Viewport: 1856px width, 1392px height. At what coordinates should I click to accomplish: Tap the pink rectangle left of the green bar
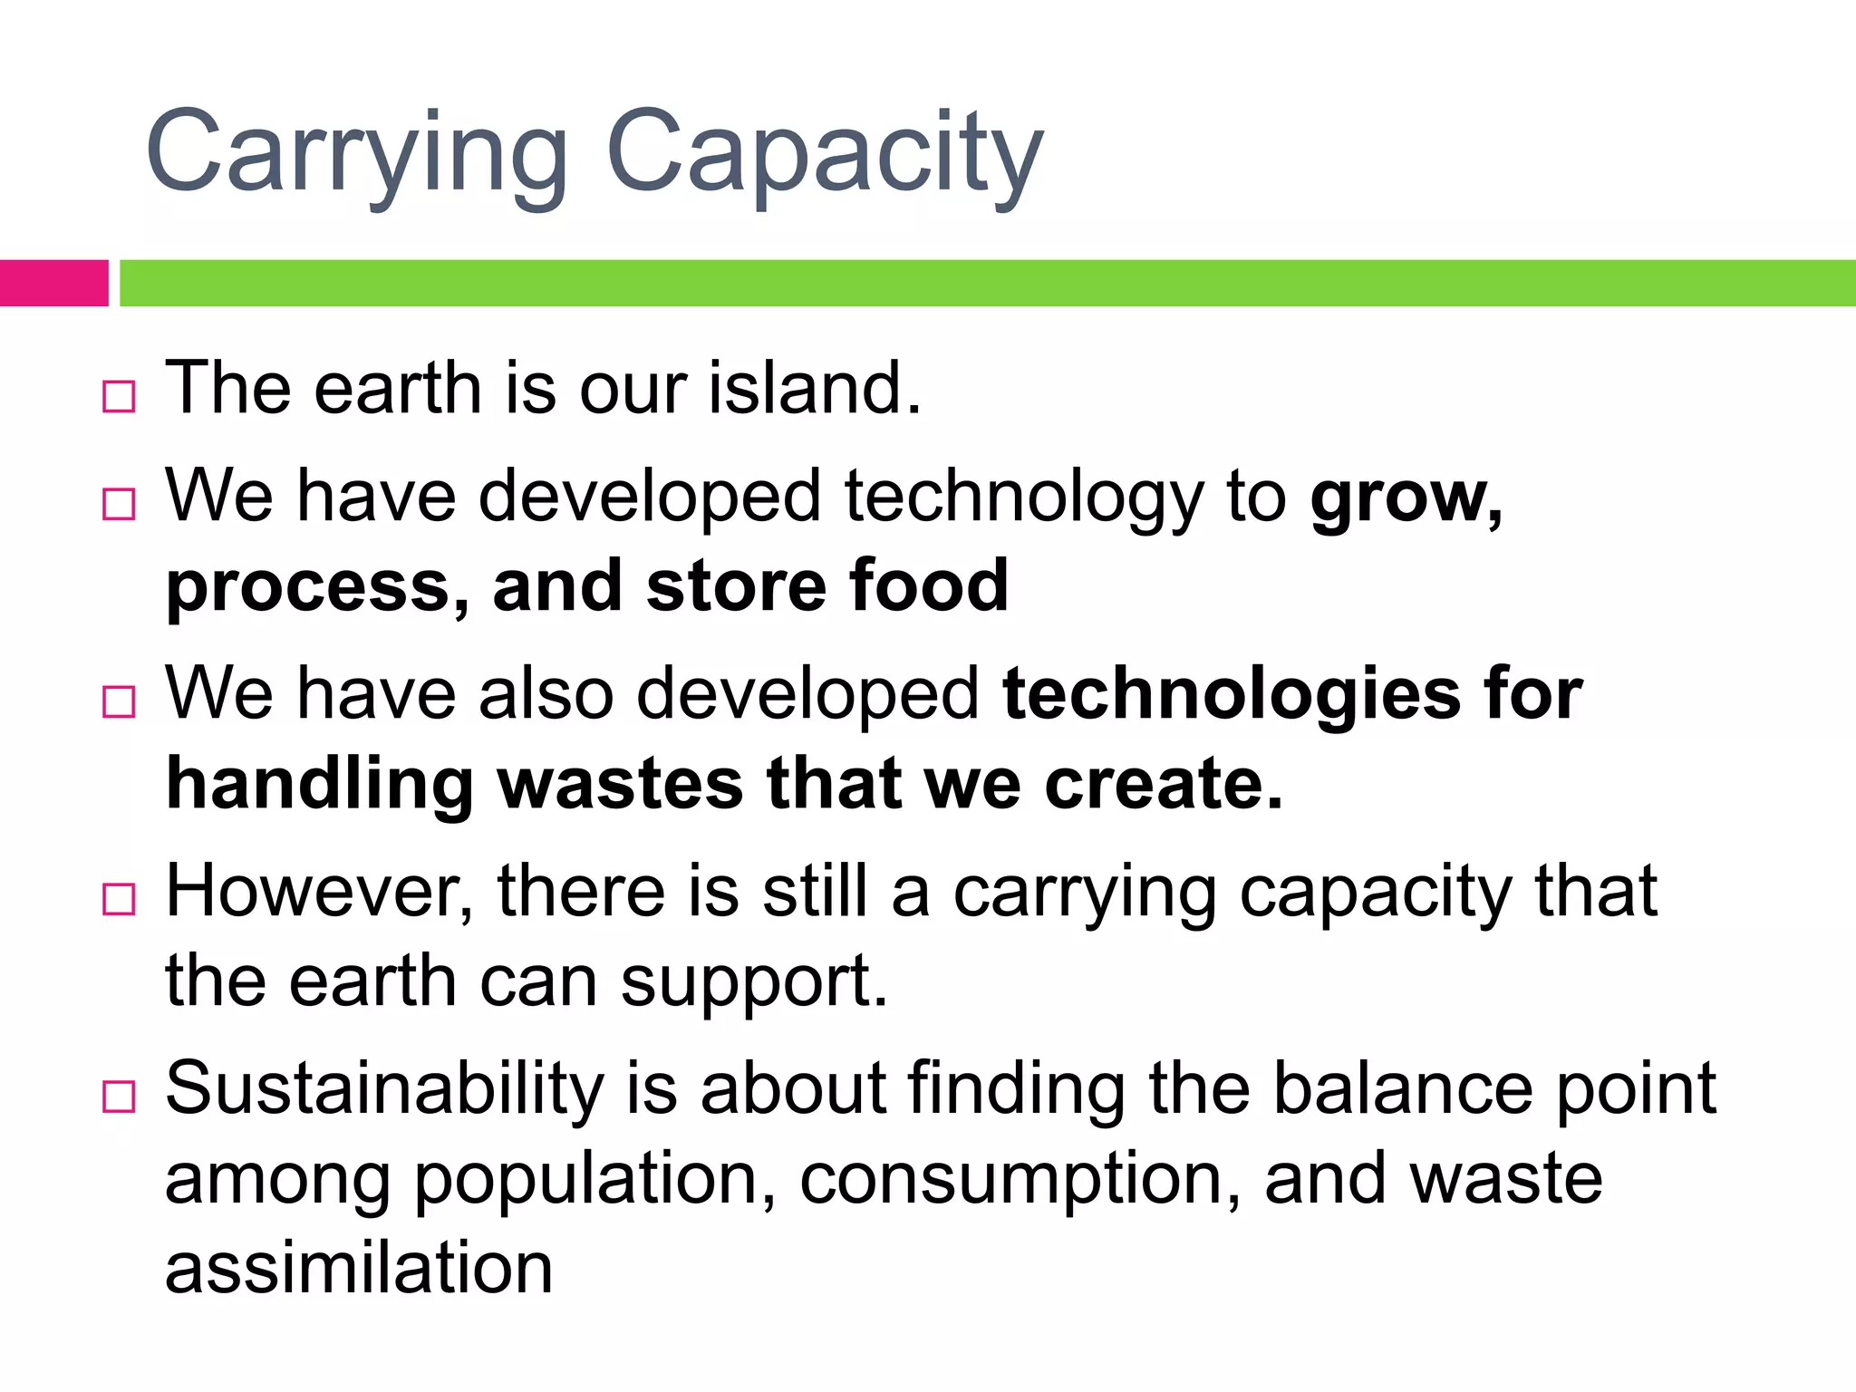[x=53, y=283]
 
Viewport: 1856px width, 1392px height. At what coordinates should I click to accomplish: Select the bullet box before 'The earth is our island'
[x=119, y=397]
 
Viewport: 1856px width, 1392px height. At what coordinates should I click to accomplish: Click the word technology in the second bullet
[x=1023, y=498]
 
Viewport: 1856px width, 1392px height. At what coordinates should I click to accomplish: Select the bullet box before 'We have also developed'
[x=119, y=701]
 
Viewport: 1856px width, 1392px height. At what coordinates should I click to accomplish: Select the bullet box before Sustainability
[x=119, y=1097]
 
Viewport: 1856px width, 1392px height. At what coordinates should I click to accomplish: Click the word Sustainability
[x=384, y=1089]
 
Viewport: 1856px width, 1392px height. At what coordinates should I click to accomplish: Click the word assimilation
[x=359, y=1269]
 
